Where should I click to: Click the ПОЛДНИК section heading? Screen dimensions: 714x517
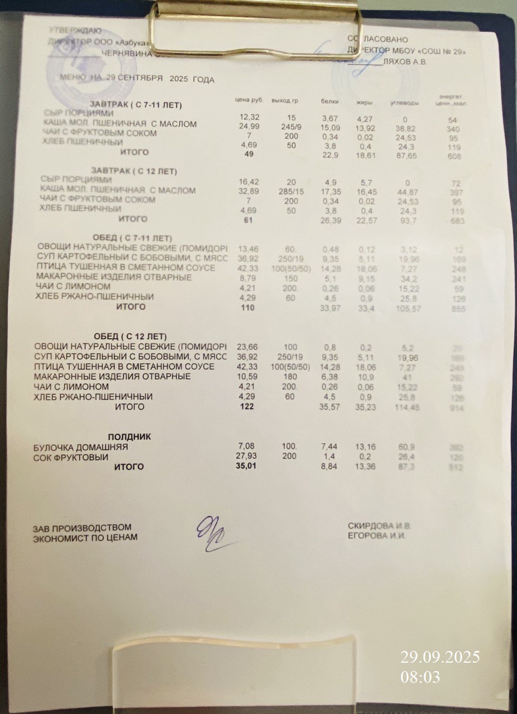click(129, 436)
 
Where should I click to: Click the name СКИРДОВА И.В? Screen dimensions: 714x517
click(380, 525)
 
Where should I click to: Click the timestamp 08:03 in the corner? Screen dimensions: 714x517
click(420, 677)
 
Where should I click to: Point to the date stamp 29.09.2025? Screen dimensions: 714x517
click(440, 657)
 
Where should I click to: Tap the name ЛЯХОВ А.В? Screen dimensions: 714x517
click(406, 61)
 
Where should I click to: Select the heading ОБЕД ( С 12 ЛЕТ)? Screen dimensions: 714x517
click(130, 336)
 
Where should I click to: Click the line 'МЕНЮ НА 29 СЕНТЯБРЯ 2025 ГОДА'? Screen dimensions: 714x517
click(137, 80)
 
